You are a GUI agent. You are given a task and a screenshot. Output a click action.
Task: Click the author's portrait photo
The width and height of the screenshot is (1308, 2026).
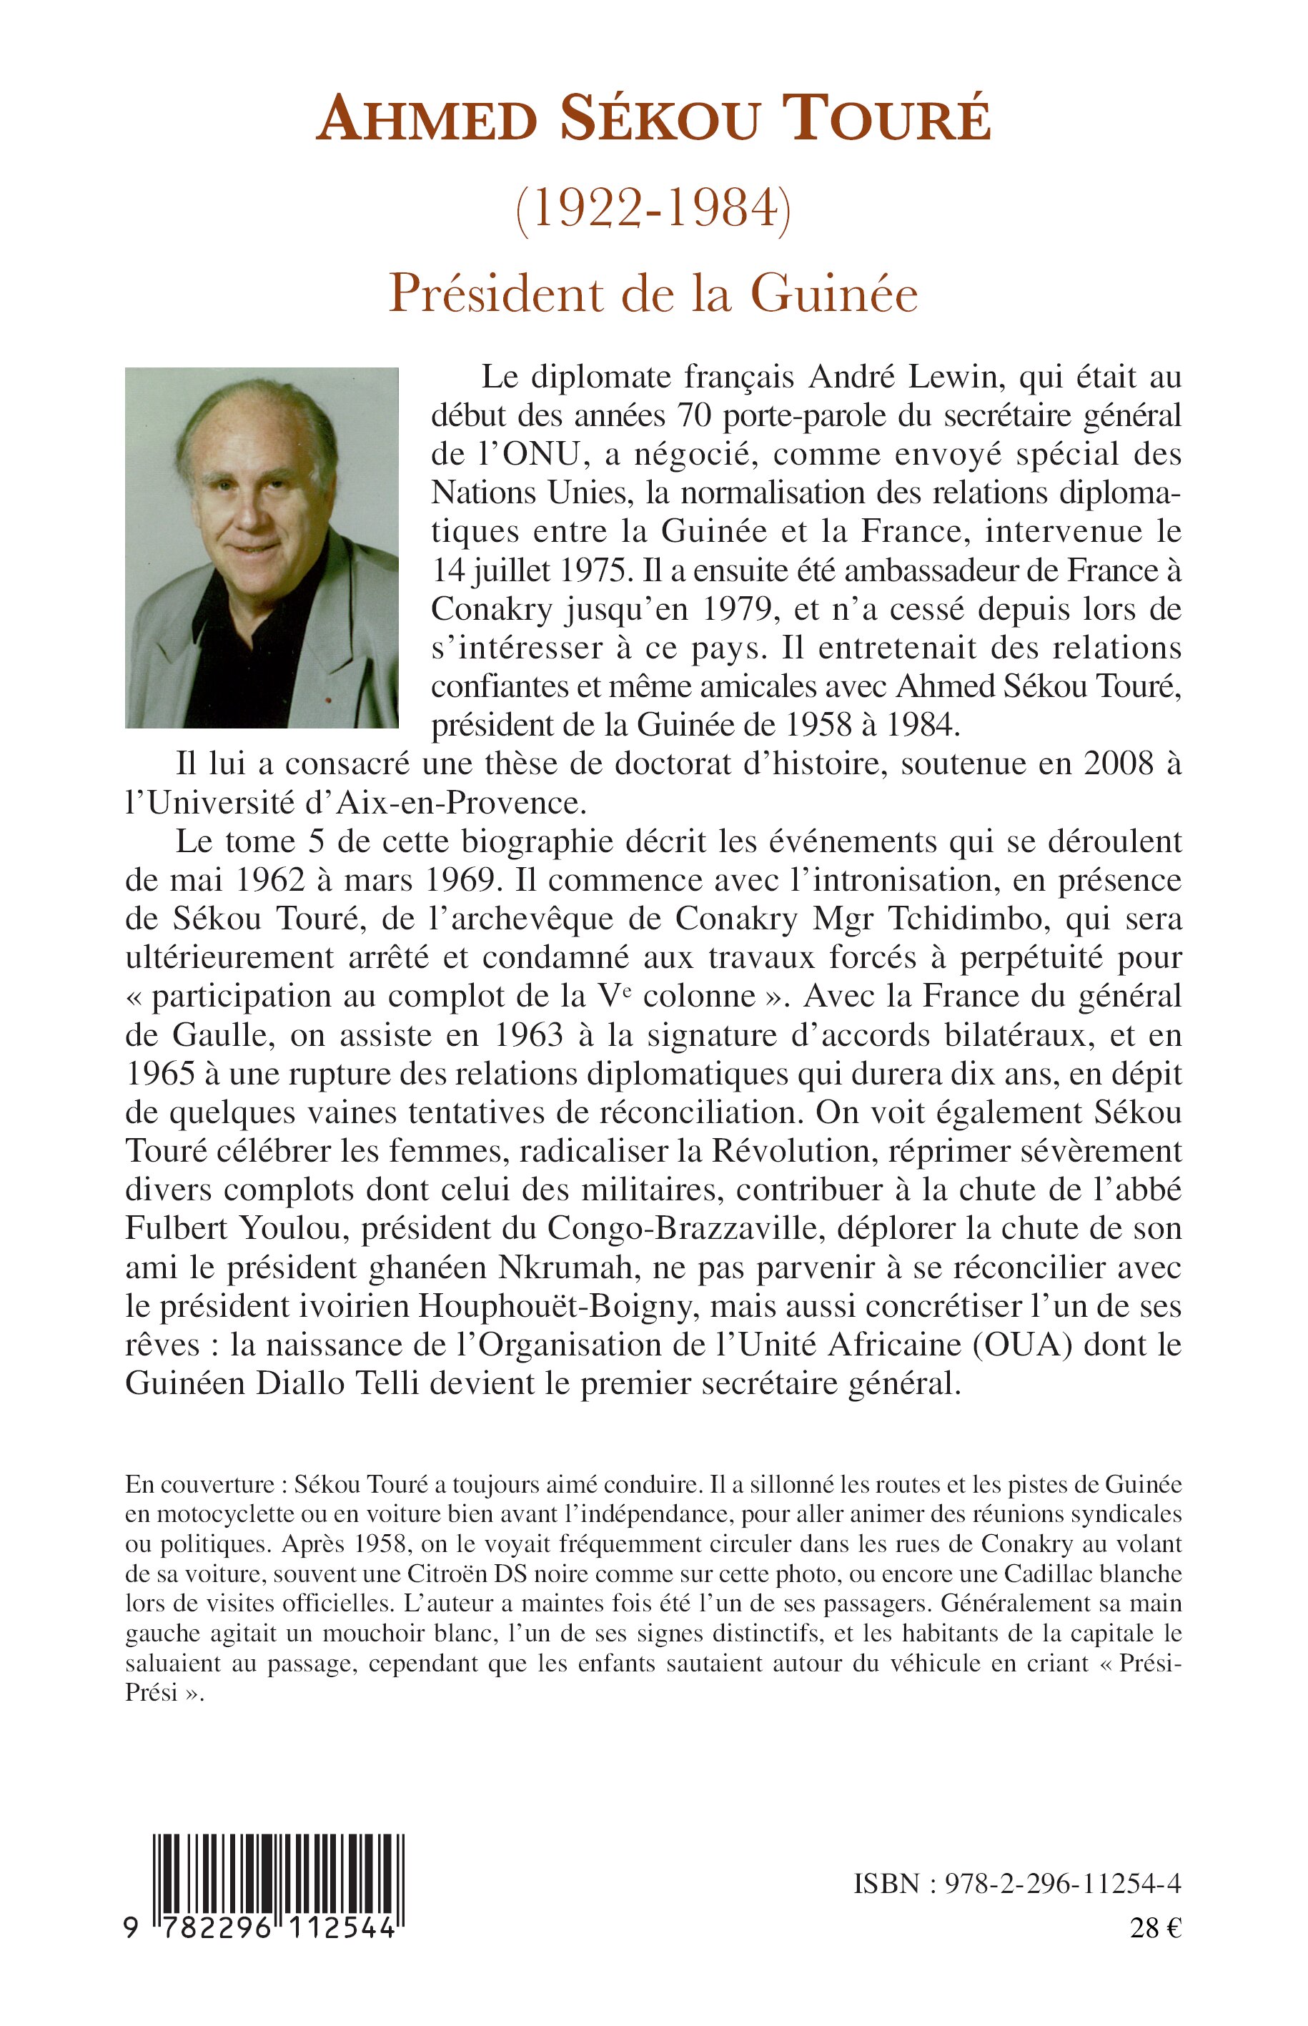click(x=262, y=547)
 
